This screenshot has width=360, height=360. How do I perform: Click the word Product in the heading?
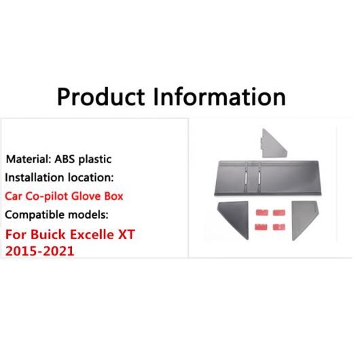[x=101, y=97]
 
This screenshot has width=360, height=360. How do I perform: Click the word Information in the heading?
[x=219, y=96]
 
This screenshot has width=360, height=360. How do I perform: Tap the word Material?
[x=29, y=159]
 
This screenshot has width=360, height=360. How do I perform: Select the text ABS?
[x=65, y=159]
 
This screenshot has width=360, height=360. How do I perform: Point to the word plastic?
[x=95, y=160]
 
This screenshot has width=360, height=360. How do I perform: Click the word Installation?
[x=35, y=177]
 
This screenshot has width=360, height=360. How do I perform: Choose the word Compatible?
[x=35, y=215]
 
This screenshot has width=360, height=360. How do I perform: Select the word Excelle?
[x=92, y=234]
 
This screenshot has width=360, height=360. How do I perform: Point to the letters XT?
[x=126, y=234]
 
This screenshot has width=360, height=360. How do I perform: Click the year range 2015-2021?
[x=39, y=251]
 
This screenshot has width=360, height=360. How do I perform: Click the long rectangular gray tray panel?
[x=268, y=178]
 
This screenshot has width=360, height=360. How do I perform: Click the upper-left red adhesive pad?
[x=262, y=213]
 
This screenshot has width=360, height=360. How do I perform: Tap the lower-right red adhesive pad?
[x=279, y=227]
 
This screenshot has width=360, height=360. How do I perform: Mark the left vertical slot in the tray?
[x=246, y=179]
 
